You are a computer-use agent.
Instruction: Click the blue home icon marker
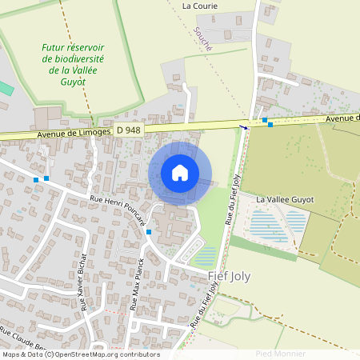pyautogui.click(x=180, y=173)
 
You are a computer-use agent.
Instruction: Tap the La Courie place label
pyautogui.click(x=199, y=5)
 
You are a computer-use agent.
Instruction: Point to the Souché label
pyautogui.click(x=203, y=38)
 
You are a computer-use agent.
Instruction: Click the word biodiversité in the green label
pyautogui.click(x=80, y=58)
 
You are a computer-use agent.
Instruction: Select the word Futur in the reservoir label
pyautogui.click(x=54, y=47)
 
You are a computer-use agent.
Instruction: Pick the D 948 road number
pyautogui.click(x=129, y=130)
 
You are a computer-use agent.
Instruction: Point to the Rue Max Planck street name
pyautogui.click(x=138, y=285)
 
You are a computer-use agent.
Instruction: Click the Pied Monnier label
pyautogui.click(x=280, y=353)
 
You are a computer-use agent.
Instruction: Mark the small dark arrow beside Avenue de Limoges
pyautogui.click(x=245, y=126)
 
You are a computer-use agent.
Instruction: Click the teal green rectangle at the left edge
pyautogui.click(x=5, y=88)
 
